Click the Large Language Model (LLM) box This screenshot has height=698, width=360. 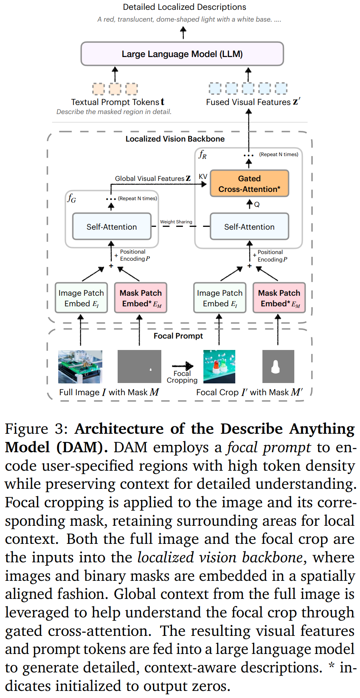coord(182,54)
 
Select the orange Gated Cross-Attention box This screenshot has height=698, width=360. coord(249,184)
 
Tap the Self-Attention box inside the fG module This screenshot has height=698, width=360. coord(112,227)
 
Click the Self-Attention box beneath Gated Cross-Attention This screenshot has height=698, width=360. coord(249,227)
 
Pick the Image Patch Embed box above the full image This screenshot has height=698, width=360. coord(81,298)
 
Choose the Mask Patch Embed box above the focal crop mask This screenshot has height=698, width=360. coord(279,298)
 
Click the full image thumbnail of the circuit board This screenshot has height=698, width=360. coord(80,366)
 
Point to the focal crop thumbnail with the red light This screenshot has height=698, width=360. coord(219,366)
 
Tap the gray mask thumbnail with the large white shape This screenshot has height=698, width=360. coord(278,366)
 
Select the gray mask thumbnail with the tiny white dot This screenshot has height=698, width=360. coord(139,366)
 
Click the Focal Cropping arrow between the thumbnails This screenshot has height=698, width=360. coord(182,366)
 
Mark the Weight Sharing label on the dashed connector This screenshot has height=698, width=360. coord(176,222)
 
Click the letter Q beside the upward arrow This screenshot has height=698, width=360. coord(257,204)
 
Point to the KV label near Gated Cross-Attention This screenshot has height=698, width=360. coord(203,177)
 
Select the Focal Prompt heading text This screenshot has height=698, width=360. coord(178,336)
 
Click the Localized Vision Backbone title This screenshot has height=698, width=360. coord(175,139)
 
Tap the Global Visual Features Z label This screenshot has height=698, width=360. coord(153,179)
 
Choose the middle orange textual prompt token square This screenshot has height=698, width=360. coord(115,89)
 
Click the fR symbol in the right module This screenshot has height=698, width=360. coord(203,154)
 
